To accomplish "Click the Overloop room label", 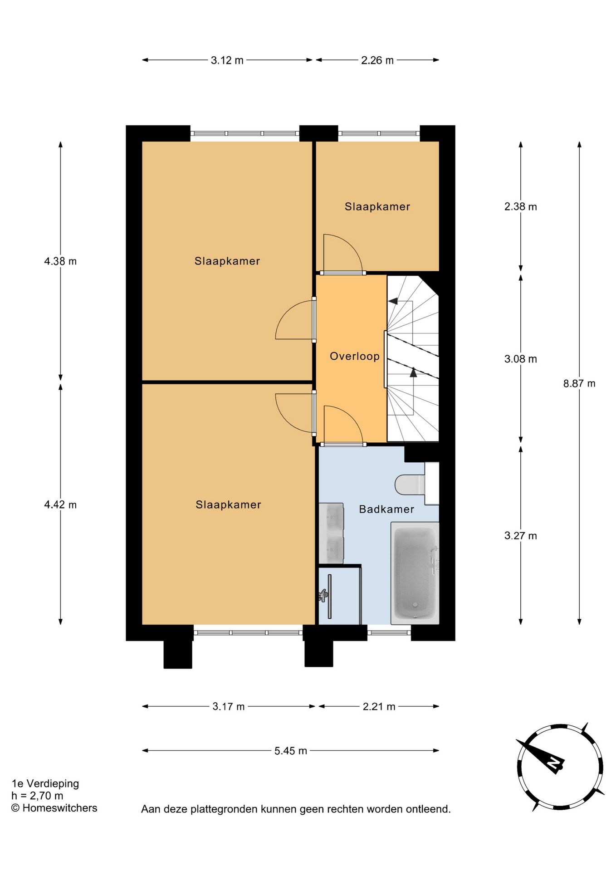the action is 354,356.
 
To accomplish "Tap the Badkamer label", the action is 386,509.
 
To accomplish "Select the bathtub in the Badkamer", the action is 415,573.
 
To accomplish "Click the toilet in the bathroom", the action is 416,484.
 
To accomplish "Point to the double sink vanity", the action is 331,533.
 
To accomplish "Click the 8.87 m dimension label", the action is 579,383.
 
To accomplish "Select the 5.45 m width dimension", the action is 291,751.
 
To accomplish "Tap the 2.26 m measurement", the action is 377,60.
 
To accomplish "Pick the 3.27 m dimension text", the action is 521,536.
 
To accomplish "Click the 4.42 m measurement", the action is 60,504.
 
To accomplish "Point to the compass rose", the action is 560,767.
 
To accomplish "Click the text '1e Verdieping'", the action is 45,783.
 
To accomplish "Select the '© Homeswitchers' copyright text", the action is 54,808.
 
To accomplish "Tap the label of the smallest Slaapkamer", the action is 377,206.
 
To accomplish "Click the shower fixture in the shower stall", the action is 323,595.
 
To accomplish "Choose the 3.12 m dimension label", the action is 227,60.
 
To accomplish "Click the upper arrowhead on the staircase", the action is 393,301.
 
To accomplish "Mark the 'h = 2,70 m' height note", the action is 38,796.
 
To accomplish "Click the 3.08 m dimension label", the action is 521,359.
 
